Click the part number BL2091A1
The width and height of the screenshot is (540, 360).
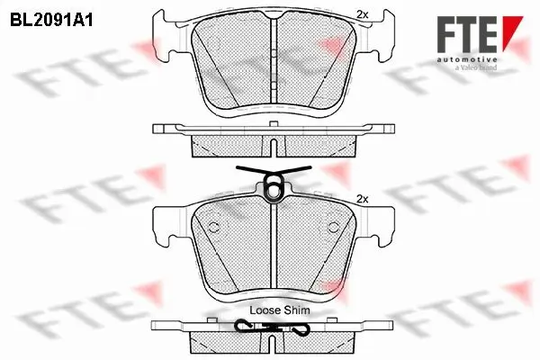pos(51,18)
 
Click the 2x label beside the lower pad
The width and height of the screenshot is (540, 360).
pos(364,198)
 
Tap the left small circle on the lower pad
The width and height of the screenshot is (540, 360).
pos(214,226)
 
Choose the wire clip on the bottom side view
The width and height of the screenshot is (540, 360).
pos(270,328)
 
